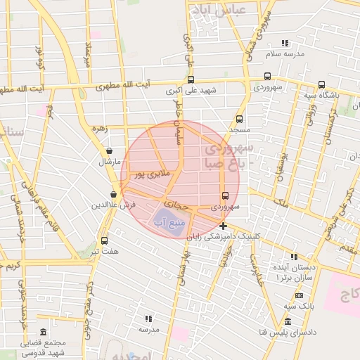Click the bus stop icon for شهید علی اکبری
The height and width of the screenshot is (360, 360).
coord(191,79)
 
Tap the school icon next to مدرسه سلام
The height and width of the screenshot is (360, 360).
coord(285,43)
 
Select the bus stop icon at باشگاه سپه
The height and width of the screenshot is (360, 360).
coord(321,84)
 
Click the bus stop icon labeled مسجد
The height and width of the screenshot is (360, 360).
coord(240,119)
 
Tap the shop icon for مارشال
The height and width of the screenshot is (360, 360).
coord(109,150)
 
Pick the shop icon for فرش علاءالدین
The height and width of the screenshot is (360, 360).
coord(113,195)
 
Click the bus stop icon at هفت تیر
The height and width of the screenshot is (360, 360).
coord(105,240)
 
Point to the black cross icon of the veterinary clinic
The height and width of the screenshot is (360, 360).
coord(223,226)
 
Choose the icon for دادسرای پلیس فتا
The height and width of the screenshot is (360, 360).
coord(288,321)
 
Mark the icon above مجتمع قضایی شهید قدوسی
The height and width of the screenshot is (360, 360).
coord(44,332)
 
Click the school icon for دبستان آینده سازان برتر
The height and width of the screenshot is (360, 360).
coord(294,257)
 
